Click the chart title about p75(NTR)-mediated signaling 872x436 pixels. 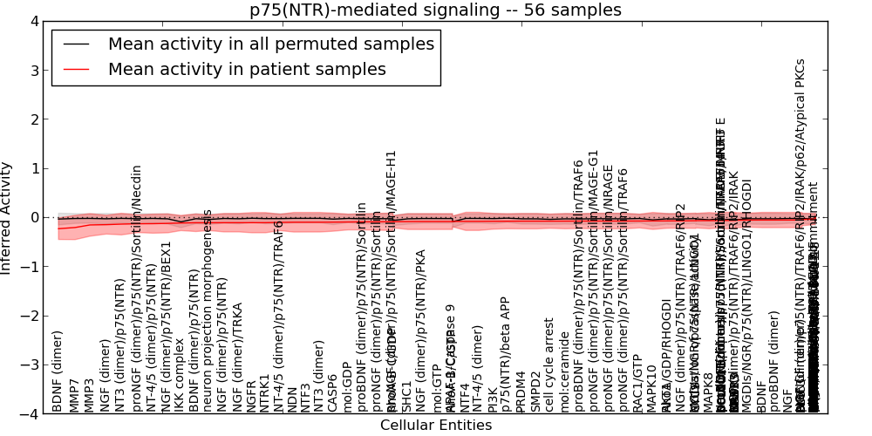pos(435,10)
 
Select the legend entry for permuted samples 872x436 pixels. pos(270,44)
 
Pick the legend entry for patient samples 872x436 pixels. pos(247,70)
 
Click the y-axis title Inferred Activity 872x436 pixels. pos(7,217)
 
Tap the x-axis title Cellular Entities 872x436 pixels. pos(435,426)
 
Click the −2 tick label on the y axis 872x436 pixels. pos(30,316)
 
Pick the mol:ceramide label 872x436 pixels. pos(564,371)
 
